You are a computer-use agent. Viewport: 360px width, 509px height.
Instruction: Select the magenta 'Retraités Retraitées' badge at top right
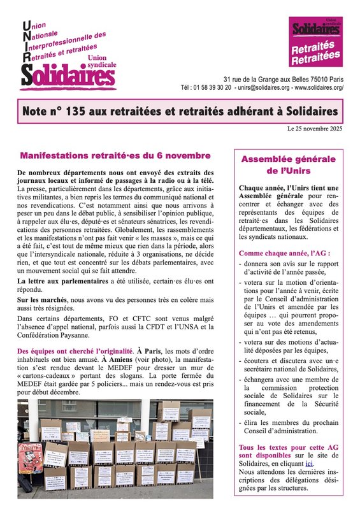[x=316, y=55]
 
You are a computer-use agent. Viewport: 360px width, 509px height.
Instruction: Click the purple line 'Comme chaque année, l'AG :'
[x=280, y=254]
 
